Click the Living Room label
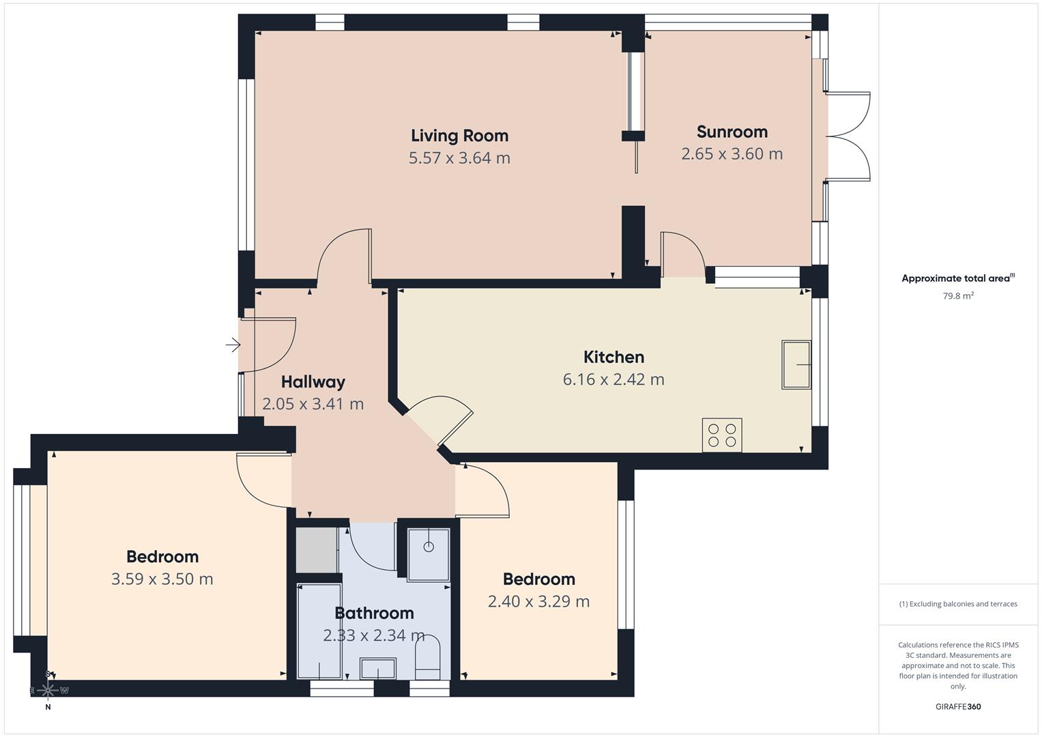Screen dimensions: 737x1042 [x=459, y=135]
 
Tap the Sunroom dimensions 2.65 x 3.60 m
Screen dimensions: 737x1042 [x=732, y=154]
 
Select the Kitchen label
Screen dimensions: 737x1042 [x=613, y=357]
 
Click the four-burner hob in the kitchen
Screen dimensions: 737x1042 [x=721, y=435]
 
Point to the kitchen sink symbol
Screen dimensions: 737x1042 [x=796, y=365]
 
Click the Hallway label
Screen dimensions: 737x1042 [x=313, y=381]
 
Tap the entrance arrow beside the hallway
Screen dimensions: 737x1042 [x=233, y=345]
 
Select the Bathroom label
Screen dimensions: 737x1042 [x=374, y=613]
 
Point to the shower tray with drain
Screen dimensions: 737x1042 [x=429, y=553]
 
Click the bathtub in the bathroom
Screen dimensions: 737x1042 [x=319, y=631]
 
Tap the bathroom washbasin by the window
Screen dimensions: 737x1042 [x=377, y=669]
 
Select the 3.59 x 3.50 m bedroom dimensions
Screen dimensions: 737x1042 [x=162, y=579]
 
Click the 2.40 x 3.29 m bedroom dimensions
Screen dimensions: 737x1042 [x=538, y=601]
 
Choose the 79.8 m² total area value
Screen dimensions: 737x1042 [x=958, y=296]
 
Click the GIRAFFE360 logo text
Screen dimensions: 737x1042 [x=958, y=707]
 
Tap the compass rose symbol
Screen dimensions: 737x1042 [x=48, y=690]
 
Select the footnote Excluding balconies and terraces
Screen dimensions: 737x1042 [x=958, y=604]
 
